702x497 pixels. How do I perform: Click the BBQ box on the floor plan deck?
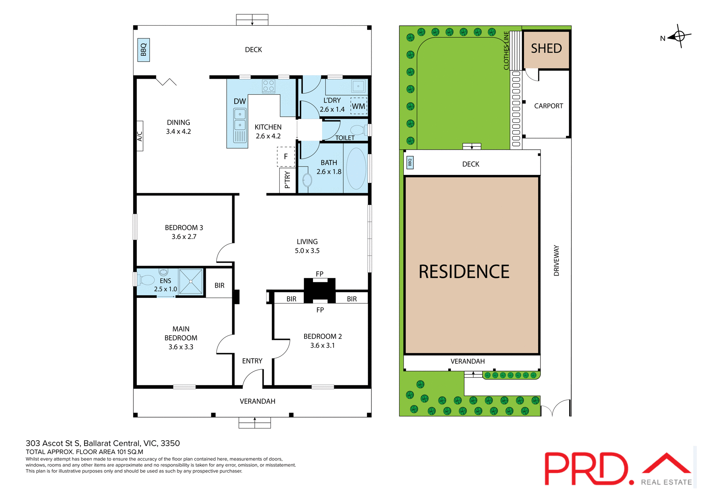tap(143, 50)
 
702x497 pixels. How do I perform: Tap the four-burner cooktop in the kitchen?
tap(269, 86)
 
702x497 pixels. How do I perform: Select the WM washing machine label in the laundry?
tap(358, 106)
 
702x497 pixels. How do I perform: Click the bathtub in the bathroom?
tap(356, 169)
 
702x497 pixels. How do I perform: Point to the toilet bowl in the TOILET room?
tap(358, 130)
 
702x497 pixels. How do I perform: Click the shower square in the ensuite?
tap(191, 281)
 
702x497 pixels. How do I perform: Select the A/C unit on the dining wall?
tap(140, 136)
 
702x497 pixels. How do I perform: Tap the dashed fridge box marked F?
tap(286, 157)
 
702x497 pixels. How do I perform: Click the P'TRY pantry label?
tap(287, 180)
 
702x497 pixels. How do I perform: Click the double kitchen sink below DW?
tap(240, 120)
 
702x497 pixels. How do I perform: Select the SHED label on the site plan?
tap(546, 49)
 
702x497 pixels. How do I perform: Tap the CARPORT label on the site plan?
tap(548, 106)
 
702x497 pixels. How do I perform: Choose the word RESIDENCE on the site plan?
tap(464, 272)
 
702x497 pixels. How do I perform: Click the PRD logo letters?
tap(586, 469)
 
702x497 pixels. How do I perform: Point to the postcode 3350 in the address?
tap(170, 443)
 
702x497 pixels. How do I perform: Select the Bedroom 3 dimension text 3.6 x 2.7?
tap(184, 237)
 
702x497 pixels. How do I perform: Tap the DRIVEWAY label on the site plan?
tap(556, 261)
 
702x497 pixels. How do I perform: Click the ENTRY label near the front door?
tap(252, 361)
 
